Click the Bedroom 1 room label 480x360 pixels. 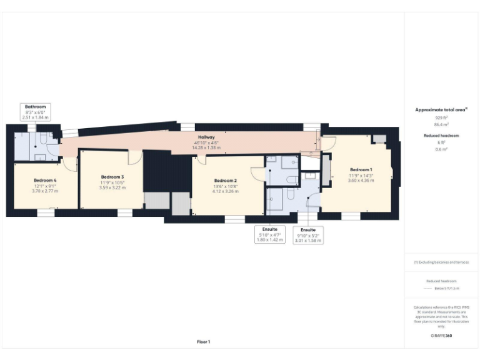pos(361,170)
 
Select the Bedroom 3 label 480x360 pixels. pos(112,177)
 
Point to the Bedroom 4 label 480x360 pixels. pos(45,180)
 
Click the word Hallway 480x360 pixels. pos(207,137)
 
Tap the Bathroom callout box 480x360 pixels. pos(35,112)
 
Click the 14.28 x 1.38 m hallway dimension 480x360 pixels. pos(207,147)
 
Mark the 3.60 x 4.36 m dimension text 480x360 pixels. pos(361,181)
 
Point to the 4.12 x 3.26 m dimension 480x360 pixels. pos(226,191)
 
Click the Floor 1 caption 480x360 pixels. pos(204,341)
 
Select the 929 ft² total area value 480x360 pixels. pos(442,117)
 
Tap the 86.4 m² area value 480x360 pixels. pos(442,124)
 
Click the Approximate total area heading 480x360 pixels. pos(441,110)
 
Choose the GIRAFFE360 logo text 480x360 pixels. pos(441,336)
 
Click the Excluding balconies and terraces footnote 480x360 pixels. pos(441,262)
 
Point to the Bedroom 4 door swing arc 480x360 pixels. pos(72,164)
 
